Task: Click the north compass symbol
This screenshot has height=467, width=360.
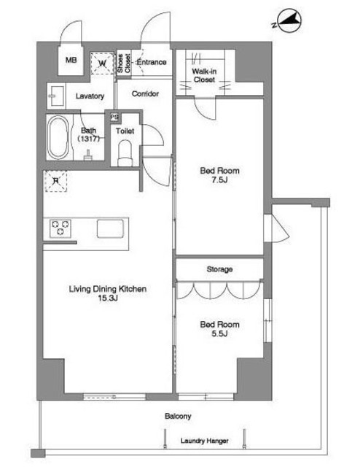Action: click(x=288, y=21)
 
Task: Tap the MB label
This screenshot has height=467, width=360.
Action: click(x=71, y=60)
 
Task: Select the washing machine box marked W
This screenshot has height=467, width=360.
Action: click(x=102, y=63)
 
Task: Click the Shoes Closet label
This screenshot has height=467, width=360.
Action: click(x=124, y=63)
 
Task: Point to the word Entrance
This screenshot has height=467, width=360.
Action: click(x=152, y=62)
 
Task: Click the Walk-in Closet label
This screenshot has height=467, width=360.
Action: click(x=204, y=75)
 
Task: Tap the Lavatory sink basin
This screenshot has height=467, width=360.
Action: click(x=57, y=96)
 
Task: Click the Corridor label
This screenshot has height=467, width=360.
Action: click(x=145, y=94)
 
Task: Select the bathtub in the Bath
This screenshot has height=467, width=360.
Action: click(x=58, y=137)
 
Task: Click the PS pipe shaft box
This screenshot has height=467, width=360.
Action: click(x=114, y=117)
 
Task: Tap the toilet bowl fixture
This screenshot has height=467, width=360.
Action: click(x=125, y=153)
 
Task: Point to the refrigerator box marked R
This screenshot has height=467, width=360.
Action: click(x=55, y=181)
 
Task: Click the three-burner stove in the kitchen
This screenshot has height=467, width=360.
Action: click(x=60, y=228)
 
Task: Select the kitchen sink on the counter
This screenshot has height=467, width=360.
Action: click(x=110, y=228)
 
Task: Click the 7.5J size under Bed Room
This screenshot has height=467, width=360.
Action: click(x=219, y=180)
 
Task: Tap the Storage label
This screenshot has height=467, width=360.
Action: click(x=219, y=269)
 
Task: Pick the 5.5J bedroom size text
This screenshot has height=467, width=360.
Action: click(x=219, y=333)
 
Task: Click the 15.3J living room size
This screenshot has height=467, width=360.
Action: click(x=108, y=298)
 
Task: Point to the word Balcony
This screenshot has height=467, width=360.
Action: click(x=178, y=416)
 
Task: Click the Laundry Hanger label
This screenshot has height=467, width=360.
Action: click(x=205, y=441)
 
